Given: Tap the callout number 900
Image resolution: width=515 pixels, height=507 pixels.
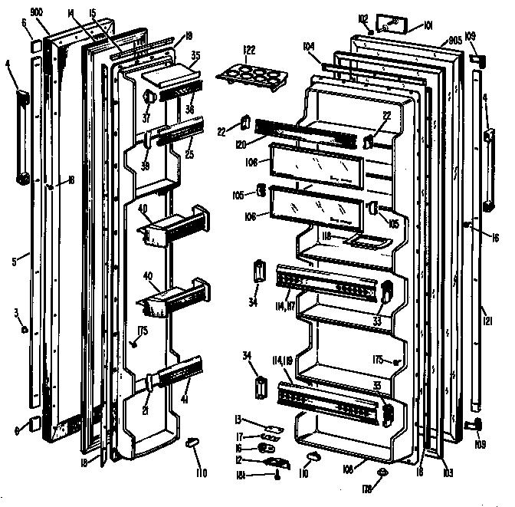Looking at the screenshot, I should [x=36, y=12].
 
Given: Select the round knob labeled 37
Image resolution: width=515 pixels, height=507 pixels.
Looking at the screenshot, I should [x=149, y=97].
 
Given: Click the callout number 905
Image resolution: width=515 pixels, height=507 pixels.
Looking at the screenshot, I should [x=453, y=40].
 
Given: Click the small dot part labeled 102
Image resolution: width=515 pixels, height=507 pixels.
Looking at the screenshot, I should [x=371, y=33].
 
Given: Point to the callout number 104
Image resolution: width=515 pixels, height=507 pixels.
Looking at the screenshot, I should [x=310, y=46].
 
